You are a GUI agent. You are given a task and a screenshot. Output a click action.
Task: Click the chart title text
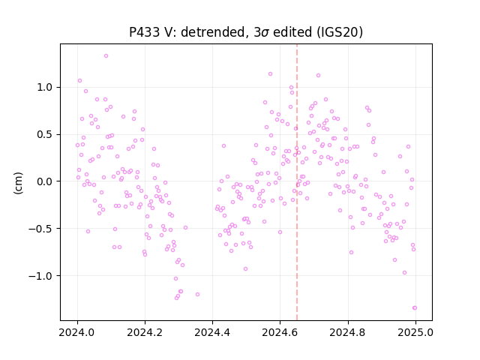coord(246,32)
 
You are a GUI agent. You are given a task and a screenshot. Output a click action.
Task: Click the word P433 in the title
coord(144,32)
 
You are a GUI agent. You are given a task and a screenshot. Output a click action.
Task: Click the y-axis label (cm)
coord(18,183)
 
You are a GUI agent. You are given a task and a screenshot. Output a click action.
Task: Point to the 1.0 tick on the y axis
coord(45,87)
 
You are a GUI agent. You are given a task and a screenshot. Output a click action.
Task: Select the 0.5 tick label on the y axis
coord(45,134)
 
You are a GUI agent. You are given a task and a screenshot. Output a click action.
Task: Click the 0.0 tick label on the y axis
coord(45,181)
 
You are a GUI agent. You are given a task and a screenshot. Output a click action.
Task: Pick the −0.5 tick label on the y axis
coord(40,229)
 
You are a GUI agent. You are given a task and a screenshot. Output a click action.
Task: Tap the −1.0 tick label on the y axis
coord(40,276)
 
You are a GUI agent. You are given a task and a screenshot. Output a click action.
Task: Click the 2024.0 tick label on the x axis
coord(77,332)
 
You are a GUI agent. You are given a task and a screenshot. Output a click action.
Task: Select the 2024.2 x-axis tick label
coord(145,332)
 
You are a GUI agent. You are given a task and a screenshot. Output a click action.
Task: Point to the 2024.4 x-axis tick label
coord(212,332)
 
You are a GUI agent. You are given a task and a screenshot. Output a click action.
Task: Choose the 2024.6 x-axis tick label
coord(280,332)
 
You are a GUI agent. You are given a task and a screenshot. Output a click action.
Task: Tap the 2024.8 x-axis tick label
coord(347,332)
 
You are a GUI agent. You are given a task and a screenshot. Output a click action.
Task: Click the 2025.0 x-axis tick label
coord(415,332)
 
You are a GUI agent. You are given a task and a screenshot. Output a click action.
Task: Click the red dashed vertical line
coord(297,182)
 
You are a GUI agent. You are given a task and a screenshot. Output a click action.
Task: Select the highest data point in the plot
coord(106,56)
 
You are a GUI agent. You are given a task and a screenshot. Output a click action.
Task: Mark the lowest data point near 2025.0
coord(415,308)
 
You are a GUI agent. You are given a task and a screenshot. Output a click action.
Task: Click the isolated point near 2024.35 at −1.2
coord(197,295)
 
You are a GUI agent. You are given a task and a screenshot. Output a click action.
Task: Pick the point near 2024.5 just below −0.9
coord(245,269)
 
